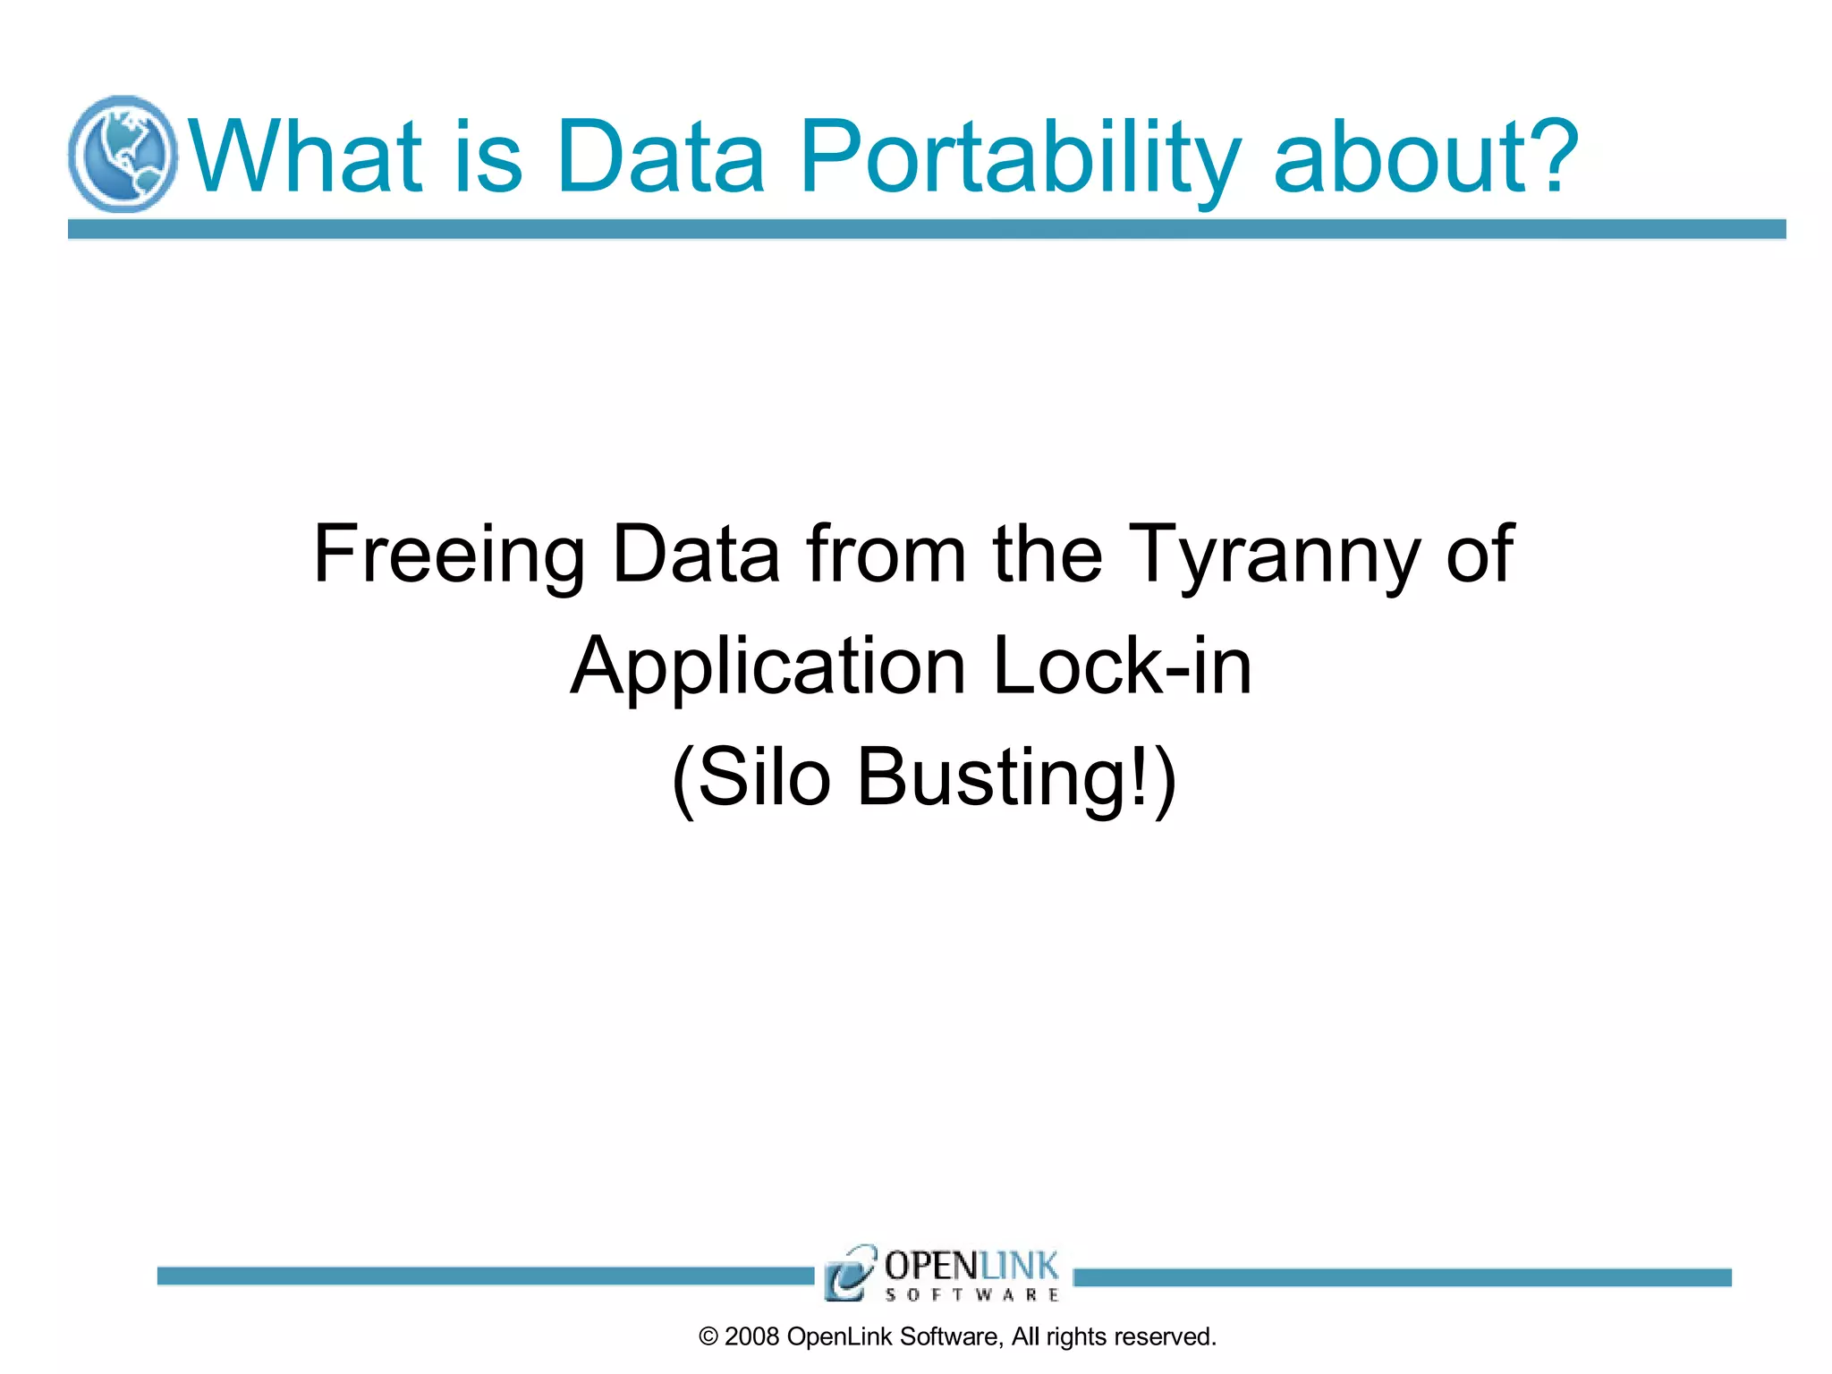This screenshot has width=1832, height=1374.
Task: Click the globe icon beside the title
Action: (123, 154)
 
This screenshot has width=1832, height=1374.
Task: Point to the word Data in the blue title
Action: (660, 157)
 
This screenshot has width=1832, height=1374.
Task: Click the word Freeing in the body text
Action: (448, 555)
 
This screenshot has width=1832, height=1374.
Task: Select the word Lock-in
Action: (1122, 666)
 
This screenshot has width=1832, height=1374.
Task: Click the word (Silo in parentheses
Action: (751, 777)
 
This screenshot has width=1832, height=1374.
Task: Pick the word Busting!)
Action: (1016, 777)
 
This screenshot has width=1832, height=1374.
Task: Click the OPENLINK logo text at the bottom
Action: (971, 1266)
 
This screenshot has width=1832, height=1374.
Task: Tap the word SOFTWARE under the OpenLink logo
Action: (971, 1294)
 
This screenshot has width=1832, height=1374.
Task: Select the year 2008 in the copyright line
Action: (751, 1336)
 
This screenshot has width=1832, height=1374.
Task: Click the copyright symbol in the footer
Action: (708, 1336)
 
